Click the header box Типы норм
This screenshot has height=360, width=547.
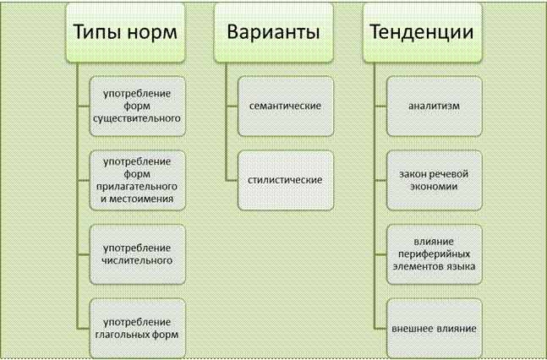pyautogui.click(x=125, y=32)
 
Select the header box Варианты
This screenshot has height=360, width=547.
pyautogui.click(x=274, y=32)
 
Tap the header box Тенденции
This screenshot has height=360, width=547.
pyautogui.click(x=423, y=32)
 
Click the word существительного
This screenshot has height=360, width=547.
pyautogui.click(x=137, y=118)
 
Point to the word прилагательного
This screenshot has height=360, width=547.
pyautogui.click(x=137, y=187)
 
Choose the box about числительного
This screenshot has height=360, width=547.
pyautogui.click(x=138, y=254)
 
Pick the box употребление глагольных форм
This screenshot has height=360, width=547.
pyautogui.click(x=138, y=328)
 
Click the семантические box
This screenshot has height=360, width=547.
pyautogui.click(x=286, y=106)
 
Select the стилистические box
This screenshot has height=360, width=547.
pyautogui.click(x=286, y=180)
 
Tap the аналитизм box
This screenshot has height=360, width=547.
pyautogui.click(x=435, y=106)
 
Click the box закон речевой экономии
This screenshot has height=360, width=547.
pyautogui.click(x=435, y=180)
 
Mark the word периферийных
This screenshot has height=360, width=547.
pyautogui.click(x=434, y=254)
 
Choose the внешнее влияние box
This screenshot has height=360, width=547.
pyautogui.click(x=435, y=328)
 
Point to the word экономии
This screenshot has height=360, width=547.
pyautogui.click(x=434, y=186)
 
